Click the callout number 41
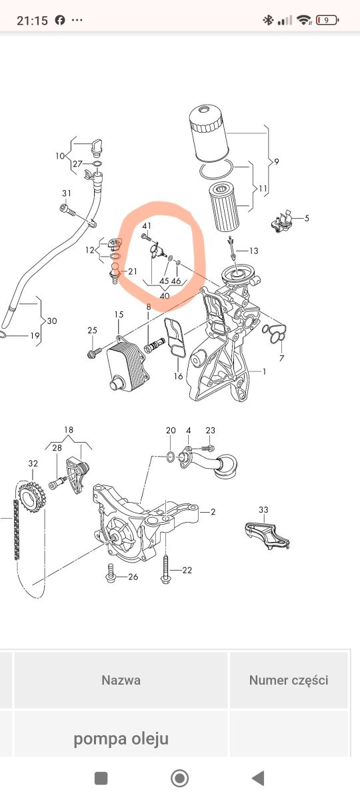[x=147, y=226]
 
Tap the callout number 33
[x=263, y=509]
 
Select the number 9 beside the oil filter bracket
[x=277, y=162]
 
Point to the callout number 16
[x=178, y=376]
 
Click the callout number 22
[x=187, y=571]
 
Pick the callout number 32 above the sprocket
[x=33, y=463]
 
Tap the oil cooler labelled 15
[x=128, y=365]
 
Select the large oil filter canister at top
[x=208, y=134]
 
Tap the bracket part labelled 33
[x=267, y=535]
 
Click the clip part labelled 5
[x=282, y=222]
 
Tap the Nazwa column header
[x=121, y=679]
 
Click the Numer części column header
[x=289, y=679]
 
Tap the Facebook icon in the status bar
[x=60, y=20]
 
